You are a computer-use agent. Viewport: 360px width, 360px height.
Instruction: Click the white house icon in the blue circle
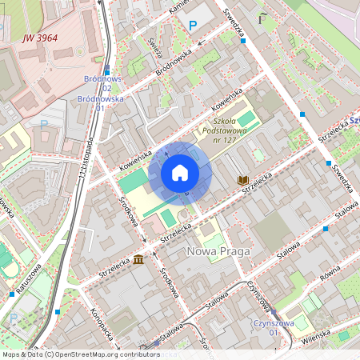point(180,173)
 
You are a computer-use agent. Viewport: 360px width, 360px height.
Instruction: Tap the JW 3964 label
point(40,37)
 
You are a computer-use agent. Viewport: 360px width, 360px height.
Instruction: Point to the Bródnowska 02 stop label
point(102,84)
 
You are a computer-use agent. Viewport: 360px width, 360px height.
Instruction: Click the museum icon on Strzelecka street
point(139,260)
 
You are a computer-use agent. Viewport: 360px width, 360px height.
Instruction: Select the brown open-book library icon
point(242,181)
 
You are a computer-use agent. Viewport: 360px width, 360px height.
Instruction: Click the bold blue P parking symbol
point(192,26)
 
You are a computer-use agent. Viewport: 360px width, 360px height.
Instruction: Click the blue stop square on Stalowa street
point(326,229)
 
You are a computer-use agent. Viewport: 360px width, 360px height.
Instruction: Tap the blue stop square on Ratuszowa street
point(58,311)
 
